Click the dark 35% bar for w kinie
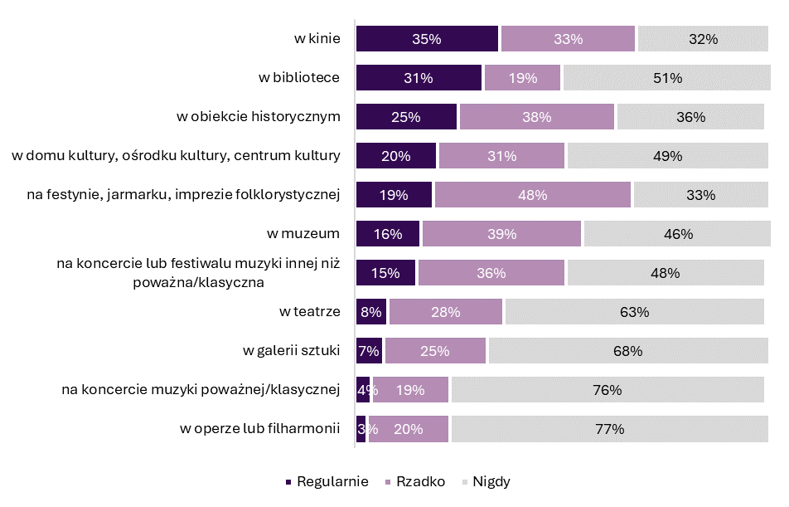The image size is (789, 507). [427, 39]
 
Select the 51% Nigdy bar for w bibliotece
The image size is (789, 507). [666, 78]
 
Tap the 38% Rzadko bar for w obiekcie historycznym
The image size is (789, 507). [537, 117]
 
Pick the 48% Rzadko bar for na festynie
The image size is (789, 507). [532, 195]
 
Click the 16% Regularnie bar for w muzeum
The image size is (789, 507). [388, 234]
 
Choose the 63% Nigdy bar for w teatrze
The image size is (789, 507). [634, 312]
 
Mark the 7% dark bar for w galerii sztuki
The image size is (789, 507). [369, 351]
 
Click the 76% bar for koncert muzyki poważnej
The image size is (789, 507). [607, 390]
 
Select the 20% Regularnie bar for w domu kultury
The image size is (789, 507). [396, 156]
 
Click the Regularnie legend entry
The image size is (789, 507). [327, 482]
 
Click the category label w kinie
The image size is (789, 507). [317, 38]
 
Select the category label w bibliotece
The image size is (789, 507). [299, 77]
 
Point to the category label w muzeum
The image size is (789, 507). [311, 233]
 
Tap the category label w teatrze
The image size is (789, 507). [310, 311]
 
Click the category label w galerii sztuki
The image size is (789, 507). [292, 350]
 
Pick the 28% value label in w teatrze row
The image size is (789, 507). [445, 313]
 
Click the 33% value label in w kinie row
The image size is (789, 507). [568, 39]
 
